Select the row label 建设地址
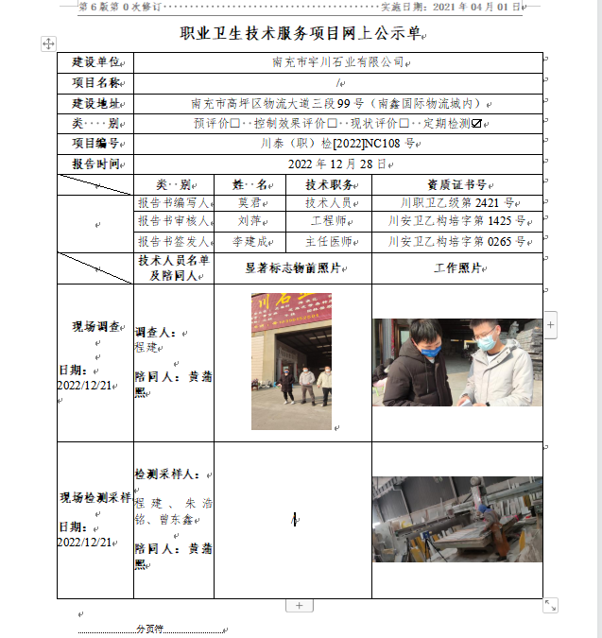(95, 103)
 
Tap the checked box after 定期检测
(478, 124)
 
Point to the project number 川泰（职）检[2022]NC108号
(337, 144)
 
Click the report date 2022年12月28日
(337, 164)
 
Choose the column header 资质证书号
(456, 184)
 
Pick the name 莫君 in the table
(249, 203)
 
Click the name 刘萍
(249, 221)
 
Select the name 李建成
(249, 242)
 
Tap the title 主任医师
(328, 242)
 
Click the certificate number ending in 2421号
(456, 203)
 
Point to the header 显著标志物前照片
(291, 268)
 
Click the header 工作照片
(457, 268)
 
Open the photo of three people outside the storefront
(291, 361)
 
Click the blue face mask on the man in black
(430, 352)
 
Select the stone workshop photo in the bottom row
(456, 519)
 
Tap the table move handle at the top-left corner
(49, 43)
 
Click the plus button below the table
(299, 605)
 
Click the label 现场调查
(95, 327)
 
